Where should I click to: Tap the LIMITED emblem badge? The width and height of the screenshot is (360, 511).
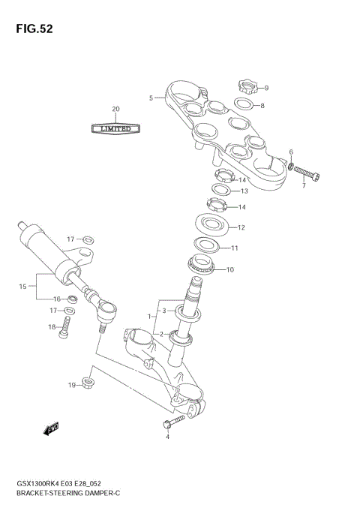pyautogui.click(x=115, y=128)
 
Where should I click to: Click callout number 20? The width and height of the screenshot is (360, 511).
pyautogui.click(x=115, y=109)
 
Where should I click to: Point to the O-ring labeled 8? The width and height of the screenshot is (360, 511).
pyautogui.click(x=241, y=105)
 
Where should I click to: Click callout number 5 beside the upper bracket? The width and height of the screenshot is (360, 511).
pyautogui.click(x=151, y=98)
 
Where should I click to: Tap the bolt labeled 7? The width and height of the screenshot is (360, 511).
pyautogui.click(x=307, y=173)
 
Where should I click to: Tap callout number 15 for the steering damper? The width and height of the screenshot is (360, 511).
pyautogui.click(x=22, y=286)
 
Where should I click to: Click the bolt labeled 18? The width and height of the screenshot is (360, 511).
pyautogui.click(x=65, y=324)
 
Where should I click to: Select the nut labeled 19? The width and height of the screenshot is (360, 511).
pyautogui.click(x=87, y=383)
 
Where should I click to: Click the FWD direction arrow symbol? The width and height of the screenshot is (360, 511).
pyautogui.click(x=52, y=428)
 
